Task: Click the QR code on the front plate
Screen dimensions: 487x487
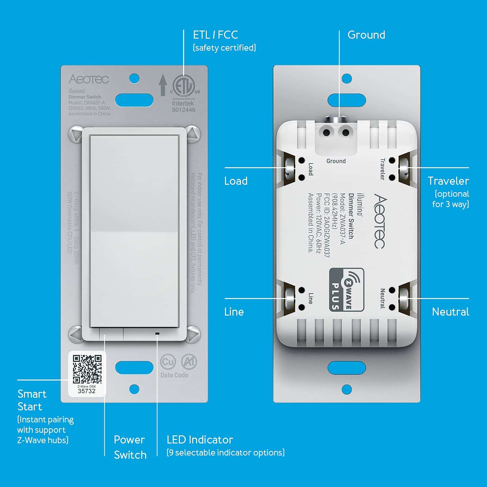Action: pos(87,369)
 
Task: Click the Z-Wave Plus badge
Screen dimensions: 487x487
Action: pos(346,290)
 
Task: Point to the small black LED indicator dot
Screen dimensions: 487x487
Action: pos(157,333)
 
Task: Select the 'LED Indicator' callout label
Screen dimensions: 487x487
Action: pos(200,440)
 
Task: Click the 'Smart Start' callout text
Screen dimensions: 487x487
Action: pos(31,400)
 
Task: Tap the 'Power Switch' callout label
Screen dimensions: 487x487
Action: pos(130,447)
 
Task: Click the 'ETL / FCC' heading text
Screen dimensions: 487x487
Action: pos(215,35)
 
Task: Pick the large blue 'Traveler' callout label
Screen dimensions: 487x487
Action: pos(448,181)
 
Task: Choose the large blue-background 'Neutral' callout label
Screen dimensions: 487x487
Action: pos(450,312)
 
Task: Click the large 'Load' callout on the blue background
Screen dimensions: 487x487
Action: pos(236,181)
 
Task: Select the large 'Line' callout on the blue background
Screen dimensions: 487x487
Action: pos(234,312)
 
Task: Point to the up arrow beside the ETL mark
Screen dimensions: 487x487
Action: pos(163,85)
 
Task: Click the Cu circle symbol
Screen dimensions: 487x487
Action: pos(168,362)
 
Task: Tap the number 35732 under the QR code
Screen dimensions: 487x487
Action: pos(87,391)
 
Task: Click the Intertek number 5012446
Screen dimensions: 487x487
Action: pos(183,110)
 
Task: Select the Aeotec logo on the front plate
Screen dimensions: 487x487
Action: pos(89,79)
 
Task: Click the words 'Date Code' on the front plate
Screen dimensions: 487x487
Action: pos(174,375)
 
